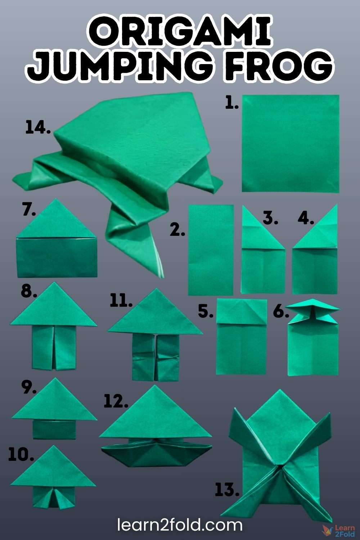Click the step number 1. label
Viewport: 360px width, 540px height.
[232, 103]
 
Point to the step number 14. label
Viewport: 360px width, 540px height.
[38, 128]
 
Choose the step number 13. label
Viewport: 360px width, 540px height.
[227, 490]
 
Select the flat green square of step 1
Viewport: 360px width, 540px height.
[290, 143]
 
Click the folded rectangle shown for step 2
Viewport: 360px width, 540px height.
[211, 250]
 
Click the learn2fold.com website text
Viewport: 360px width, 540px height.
[180, 525]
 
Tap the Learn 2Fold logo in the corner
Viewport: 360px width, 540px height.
[339, 530]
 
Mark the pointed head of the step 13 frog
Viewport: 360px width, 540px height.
[279, 410]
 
